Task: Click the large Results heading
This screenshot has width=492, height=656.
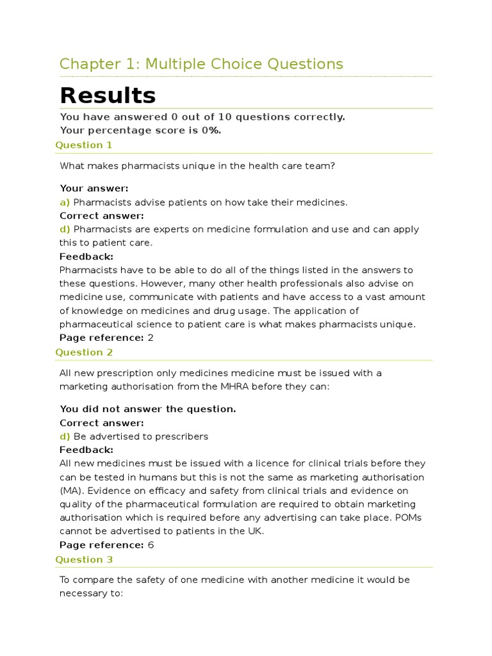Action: click(108, 95)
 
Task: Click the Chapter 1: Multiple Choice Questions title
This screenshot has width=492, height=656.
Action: click(201, 64)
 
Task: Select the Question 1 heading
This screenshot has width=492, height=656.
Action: click(84, 145)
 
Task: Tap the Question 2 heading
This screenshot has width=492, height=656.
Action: click(84, 352)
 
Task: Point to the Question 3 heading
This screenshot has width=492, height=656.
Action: click(84, 559)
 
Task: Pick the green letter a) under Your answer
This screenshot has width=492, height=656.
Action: click(65, 202)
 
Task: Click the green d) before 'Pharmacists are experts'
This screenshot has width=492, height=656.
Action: click(65, 229)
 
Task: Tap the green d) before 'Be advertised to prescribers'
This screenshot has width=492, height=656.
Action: click(65, 436)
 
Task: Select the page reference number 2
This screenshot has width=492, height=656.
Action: click(151, 338)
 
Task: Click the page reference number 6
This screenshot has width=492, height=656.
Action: click(151, 545)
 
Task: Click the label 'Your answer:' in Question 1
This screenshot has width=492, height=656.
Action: click(94, 188)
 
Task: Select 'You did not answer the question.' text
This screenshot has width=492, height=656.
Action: click(148, 409)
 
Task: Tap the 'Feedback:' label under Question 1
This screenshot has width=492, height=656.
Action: click(86, 256)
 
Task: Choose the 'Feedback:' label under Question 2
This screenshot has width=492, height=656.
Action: click(86, 450)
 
